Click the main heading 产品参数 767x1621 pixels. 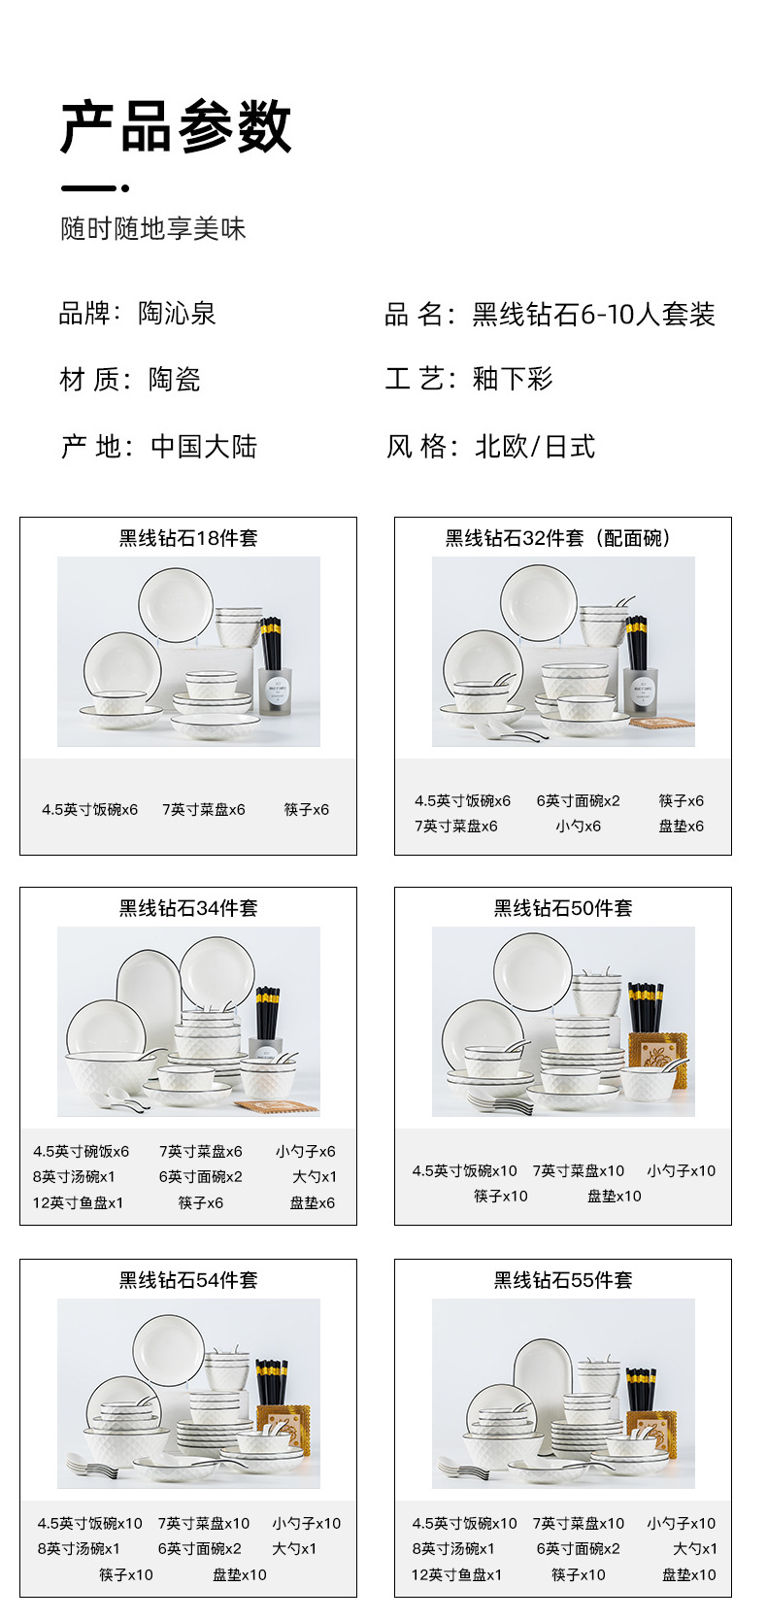click(176, 126)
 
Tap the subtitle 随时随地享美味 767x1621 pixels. click(153, 229)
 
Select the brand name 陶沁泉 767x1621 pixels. click(177, 314)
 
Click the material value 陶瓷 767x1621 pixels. click(175, 379)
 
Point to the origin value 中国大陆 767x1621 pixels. click(204, 447)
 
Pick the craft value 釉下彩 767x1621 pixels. click(513, 379)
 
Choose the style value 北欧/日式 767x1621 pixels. click(535, 447)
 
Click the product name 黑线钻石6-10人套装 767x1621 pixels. click(593, 315)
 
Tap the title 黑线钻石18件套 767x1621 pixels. click(188, 538)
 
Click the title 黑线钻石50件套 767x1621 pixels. click(563, 908)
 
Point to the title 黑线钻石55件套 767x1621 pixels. click(563, 1280)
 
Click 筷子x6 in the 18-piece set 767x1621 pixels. click(307, 809)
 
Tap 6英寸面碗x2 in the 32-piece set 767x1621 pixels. click(578, 801)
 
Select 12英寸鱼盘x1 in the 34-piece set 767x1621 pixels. click(78, 1202)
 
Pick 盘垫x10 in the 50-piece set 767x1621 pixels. click(614, 1197)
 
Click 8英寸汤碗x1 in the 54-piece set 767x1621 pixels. click(76, 1549)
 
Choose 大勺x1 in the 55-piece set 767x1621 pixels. click(695, 1549)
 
